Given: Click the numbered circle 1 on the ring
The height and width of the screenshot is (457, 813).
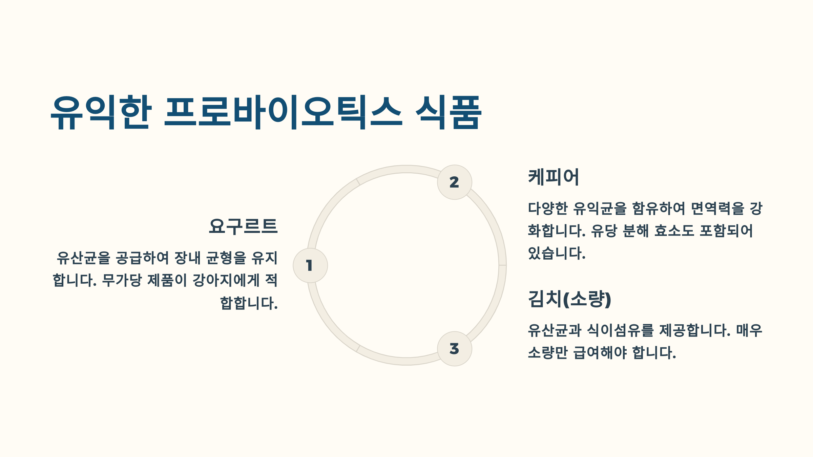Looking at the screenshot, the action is point(310,265).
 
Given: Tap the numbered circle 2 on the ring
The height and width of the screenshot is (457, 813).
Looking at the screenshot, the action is point(454,182).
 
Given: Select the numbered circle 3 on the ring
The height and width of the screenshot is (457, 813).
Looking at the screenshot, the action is point(454,349).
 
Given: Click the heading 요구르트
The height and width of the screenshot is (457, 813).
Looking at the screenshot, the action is point(243,226).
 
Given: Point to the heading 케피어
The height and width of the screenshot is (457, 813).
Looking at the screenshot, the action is point(554,177).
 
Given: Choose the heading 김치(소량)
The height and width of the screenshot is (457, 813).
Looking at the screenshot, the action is point(569,299).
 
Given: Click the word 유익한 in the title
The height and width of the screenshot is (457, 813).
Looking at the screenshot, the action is point(101,112).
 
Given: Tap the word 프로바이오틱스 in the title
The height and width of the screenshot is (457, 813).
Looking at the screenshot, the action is point(283,112).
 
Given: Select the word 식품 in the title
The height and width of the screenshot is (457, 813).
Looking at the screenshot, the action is point(448,112).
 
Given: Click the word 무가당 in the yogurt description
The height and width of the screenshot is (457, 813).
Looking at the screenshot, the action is point(122,281).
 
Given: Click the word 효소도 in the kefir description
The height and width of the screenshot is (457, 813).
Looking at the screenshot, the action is point(674,231).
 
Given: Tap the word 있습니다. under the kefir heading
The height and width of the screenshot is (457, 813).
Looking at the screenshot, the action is point(557,253).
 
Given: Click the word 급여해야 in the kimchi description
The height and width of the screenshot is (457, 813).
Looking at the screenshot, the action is point(600,353).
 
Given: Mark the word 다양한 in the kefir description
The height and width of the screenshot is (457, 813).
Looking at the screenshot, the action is point(547,208).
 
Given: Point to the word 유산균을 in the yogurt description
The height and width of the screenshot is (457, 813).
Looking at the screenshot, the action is point(83,258).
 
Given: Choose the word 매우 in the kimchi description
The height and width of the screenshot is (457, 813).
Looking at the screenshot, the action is point(749,330).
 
